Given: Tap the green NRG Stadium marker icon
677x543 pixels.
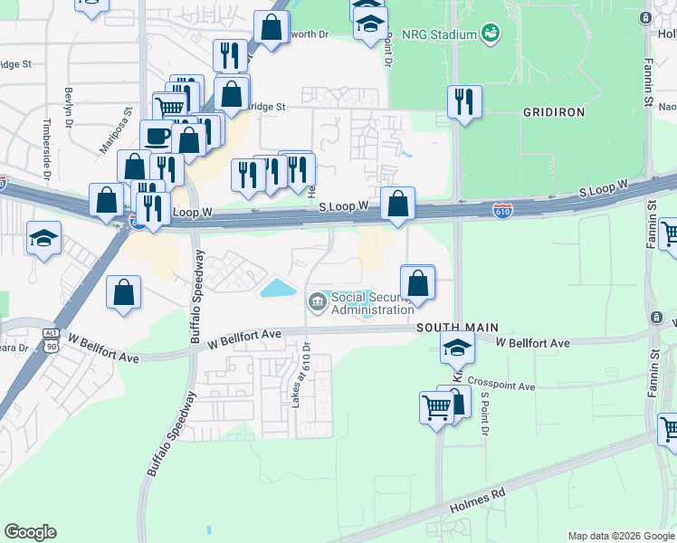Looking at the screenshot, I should click(x=491, y=34).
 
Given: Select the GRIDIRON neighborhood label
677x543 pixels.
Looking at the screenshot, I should click(x=554, y=112).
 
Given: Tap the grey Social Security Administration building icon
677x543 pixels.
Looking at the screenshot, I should click(x=318, y=301).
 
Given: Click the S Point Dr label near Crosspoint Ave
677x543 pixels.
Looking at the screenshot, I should click(x=485, y=414).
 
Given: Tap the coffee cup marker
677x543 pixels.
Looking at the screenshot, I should click(x=157, y=136).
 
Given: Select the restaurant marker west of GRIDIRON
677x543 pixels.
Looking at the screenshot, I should click(x=464, y=101).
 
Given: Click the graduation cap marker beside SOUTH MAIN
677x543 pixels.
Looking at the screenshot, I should click(x=458, y=348).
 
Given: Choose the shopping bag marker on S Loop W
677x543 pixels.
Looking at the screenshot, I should click(x=397, y=204).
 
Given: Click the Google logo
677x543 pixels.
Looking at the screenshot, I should click(x=30, y=532).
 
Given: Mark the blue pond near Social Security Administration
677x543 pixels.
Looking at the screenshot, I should click(x=278, y=289).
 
